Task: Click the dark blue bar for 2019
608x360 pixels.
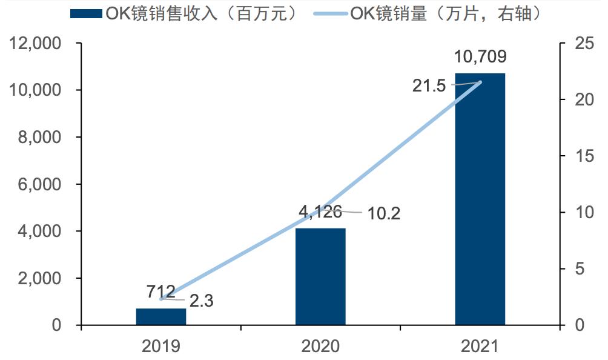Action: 160,316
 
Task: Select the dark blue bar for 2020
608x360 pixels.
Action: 320,276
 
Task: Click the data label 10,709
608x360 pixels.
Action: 480,57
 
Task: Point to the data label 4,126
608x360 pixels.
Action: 320,212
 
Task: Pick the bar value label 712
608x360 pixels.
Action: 160,292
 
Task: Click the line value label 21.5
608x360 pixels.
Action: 429,86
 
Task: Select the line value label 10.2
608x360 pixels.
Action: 382,213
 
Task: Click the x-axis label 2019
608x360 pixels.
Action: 160,346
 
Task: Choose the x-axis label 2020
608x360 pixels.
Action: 320,346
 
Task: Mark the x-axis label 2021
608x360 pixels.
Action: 480,346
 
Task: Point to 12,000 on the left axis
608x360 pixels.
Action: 35,44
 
